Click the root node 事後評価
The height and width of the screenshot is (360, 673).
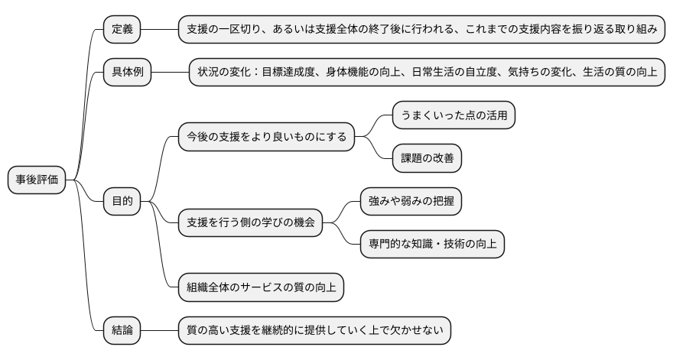[37, 180]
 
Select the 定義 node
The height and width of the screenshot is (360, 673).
[122, 29]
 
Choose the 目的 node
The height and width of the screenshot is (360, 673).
[122, 201]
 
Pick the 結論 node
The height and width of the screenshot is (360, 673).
[122, 330]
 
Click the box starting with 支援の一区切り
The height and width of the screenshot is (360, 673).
[422, 29]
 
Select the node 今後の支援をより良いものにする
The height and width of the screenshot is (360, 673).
[267, 137]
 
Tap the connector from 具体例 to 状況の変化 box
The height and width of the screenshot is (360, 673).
[171, 73]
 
